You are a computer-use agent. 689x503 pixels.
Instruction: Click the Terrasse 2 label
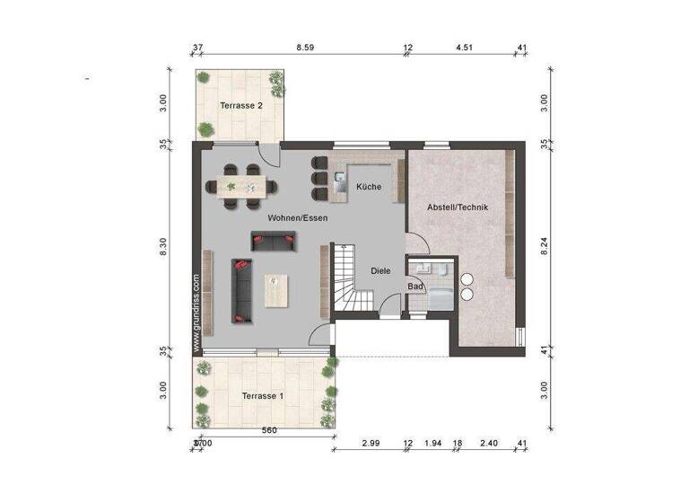coord(241,106)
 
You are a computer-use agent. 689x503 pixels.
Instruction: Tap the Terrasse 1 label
coord(263,395)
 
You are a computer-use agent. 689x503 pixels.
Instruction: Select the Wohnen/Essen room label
coord(297,217)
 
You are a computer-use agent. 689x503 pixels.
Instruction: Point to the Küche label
coord(369,187)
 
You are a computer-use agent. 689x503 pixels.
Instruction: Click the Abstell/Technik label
coord(458,207)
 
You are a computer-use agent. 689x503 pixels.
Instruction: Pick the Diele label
coord(381,269)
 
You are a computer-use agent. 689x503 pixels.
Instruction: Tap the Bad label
coord(415,287)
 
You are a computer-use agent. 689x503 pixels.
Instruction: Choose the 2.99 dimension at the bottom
coord(372,444)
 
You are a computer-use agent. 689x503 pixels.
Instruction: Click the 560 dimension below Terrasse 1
coord(269,430)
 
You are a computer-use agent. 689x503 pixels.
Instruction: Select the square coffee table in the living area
coord(278,289)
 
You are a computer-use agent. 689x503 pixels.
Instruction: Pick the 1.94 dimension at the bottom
coord(432,444)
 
